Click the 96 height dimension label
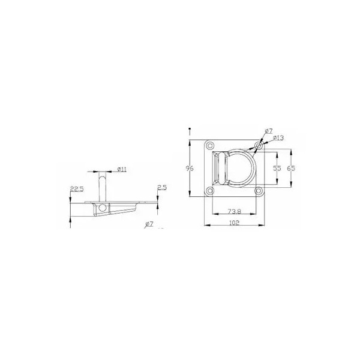(190, 168)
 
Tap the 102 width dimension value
(234, 223)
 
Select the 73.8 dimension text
(234, 211)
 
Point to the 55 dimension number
(277, 168)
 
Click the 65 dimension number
(291, 168)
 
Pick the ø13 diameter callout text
(278, 138)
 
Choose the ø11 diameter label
(122, 169)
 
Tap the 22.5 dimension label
(77, 189)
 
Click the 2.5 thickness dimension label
(162, 188)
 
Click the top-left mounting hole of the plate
(209, 145)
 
